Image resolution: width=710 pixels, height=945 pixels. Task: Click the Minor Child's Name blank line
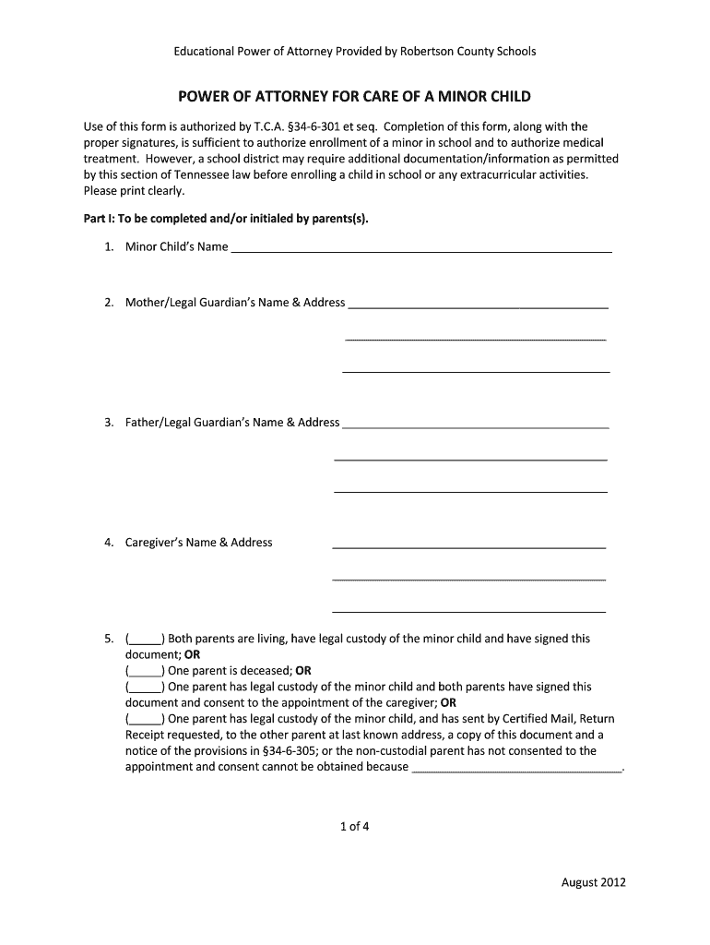[x=421, y=248]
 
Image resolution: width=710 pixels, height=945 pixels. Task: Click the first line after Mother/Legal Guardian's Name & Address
[x=478, y=304]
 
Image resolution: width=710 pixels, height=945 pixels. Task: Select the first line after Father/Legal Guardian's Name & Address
[x=475, y=425]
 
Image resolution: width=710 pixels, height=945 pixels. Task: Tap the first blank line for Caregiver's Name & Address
[x=468, y=544]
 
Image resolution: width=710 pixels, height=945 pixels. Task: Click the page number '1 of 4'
[x=354, y=827]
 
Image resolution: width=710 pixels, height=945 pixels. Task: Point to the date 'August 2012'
[x=594, y=882]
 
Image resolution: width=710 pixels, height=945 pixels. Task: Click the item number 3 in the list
[x=109, y=423]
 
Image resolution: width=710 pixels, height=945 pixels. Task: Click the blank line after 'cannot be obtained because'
[x=516, y=768]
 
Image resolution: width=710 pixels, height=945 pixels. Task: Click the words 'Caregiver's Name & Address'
[x=199, y=543]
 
